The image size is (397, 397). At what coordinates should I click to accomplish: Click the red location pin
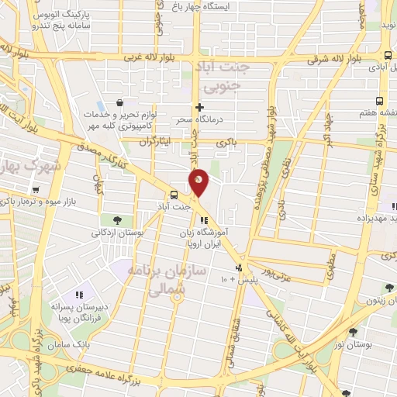[198, 182]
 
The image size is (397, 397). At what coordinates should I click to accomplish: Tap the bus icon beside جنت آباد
[174, 195]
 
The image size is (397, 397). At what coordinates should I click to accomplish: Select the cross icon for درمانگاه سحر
[199, 107]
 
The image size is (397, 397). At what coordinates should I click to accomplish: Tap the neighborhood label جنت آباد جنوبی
[226, 78]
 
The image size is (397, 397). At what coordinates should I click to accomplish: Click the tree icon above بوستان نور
[354, 332]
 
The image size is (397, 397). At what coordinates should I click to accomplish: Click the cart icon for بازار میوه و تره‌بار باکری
[35, 189]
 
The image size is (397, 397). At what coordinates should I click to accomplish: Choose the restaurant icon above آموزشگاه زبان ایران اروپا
[204, 220]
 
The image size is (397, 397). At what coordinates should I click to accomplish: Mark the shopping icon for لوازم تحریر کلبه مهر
[118, 102]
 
